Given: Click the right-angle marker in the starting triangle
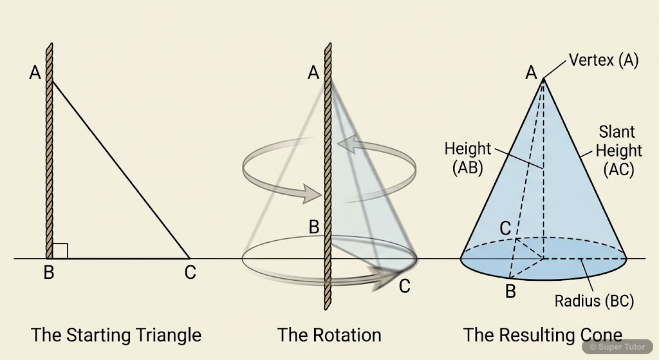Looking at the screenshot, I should [60, 251].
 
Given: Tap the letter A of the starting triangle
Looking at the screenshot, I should [35, 73].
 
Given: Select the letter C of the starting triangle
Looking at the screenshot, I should [190, 272].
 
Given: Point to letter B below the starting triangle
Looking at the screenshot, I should [48, 272].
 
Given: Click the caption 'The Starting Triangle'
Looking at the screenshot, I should [116, 335].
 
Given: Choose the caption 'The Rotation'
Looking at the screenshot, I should [329, 335].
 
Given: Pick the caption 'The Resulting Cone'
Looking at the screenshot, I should [543, 335].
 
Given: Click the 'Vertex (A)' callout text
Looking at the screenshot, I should [604, 61].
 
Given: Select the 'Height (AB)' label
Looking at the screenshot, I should [468, 158].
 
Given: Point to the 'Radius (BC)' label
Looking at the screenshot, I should [595, 301].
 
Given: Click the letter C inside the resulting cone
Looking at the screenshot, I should [506, 227].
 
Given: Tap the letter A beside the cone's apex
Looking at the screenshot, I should [531, 73].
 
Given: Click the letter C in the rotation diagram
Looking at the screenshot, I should [404, 286].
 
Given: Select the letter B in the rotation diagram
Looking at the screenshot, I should [314, 227].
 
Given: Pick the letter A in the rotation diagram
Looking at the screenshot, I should [313, 73].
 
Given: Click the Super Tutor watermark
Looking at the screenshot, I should [618, 346].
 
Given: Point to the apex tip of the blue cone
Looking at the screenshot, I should [544, 79].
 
